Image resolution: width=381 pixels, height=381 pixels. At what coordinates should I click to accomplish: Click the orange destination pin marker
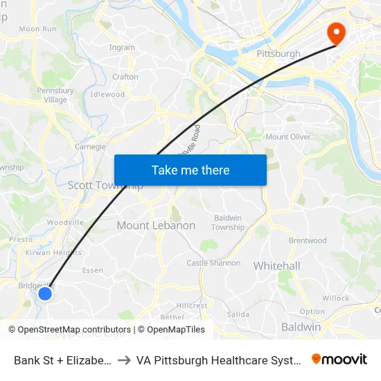click(x=336, y=33)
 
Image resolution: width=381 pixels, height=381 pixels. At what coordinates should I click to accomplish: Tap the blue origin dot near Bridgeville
click(x=45, y=293)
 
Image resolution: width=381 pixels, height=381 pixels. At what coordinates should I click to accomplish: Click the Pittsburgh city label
click(x=278, y=53)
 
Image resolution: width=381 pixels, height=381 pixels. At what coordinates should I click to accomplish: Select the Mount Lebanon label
click(x=156, y=226)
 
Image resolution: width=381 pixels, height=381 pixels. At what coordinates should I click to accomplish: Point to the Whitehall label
click(x=276, y=266)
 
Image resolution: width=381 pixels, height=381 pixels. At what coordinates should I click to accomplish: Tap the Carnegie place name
click(x=90, y=147)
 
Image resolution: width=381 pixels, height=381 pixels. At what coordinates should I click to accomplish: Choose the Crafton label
click(x=125, y=77)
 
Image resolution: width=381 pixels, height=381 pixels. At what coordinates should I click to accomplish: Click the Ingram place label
click(x=122, y=48)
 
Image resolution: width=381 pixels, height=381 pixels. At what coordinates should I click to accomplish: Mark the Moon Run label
click(x=37, y=29)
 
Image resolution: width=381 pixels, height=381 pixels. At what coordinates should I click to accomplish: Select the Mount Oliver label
click(x=288, y=137)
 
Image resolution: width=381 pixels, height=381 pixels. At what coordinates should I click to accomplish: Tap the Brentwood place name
click(x=308, y=241)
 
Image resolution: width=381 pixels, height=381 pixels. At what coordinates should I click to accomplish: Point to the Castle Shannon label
click(x=213, y=263)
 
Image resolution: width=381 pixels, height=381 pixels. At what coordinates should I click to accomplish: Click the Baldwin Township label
click(x=228, y=222)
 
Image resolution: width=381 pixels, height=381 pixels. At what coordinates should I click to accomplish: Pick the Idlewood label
click(x=107, y=94)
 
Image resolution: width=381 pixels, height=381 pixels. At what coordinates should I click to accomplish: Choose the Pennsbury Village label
click(x=55, y=95)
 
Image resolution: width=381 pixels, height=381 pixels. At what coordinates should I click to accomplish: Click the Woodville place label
click(x=65, y=222)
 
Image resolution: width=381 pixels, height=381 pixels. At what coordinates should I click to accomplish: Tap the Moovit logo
click(x=339, y=359)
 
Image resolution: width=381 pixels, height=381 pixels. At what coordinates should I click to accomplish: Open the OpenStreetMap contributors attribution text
click(x=72, y=330)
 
